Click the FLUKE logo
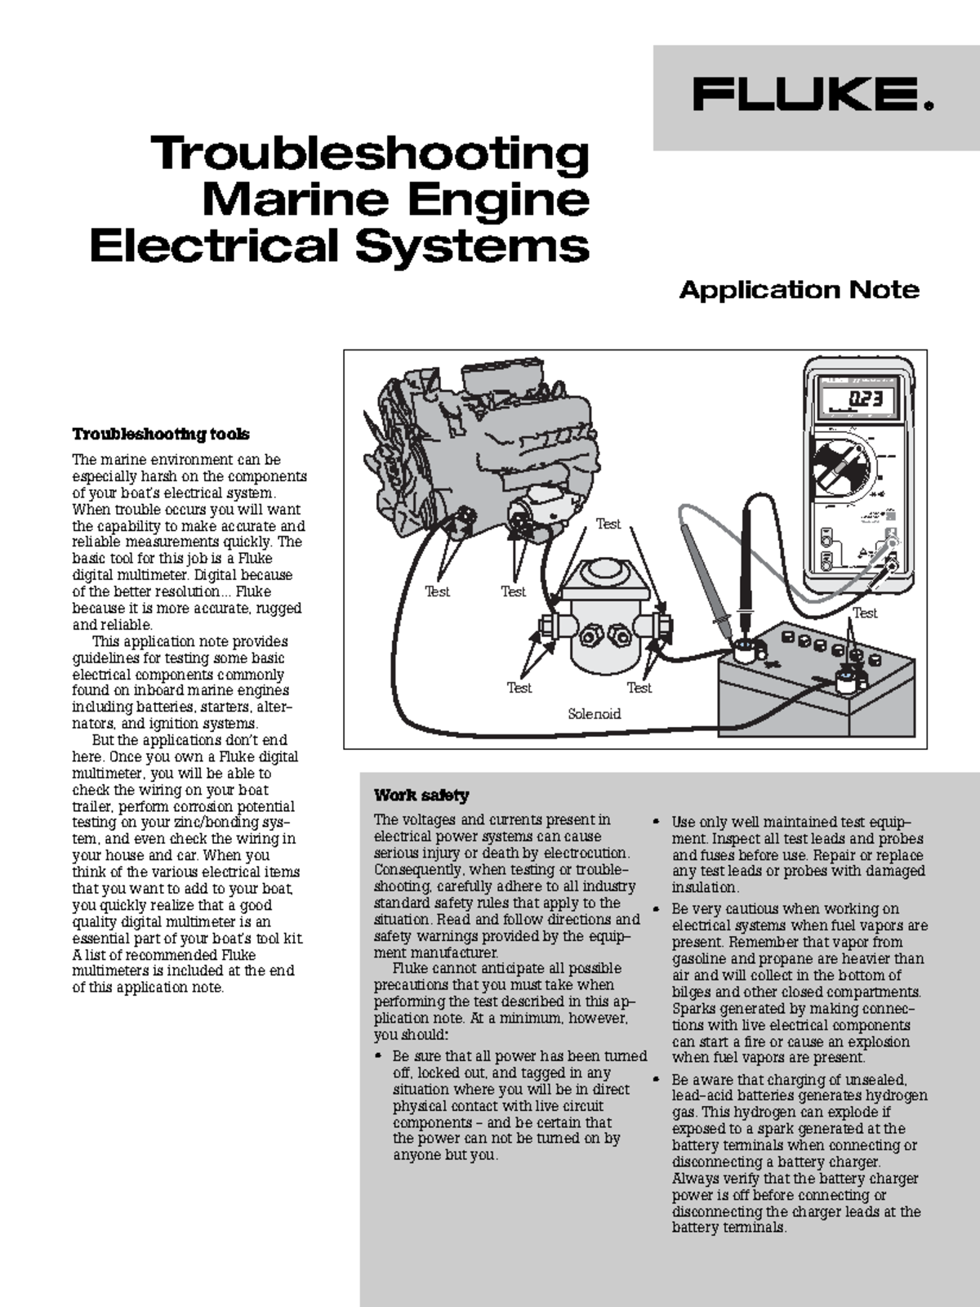(x=813, y=95)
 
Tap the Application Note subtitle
(x=799, y=290)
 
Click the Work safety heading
(x=421, y=795)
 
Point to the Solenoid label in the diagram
(x=594, y=714)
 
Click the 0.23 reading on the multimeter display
(x=865, y=399)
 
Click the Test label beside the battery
(x=865, y=613)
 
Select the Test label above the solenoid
(x=608, y=524)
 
